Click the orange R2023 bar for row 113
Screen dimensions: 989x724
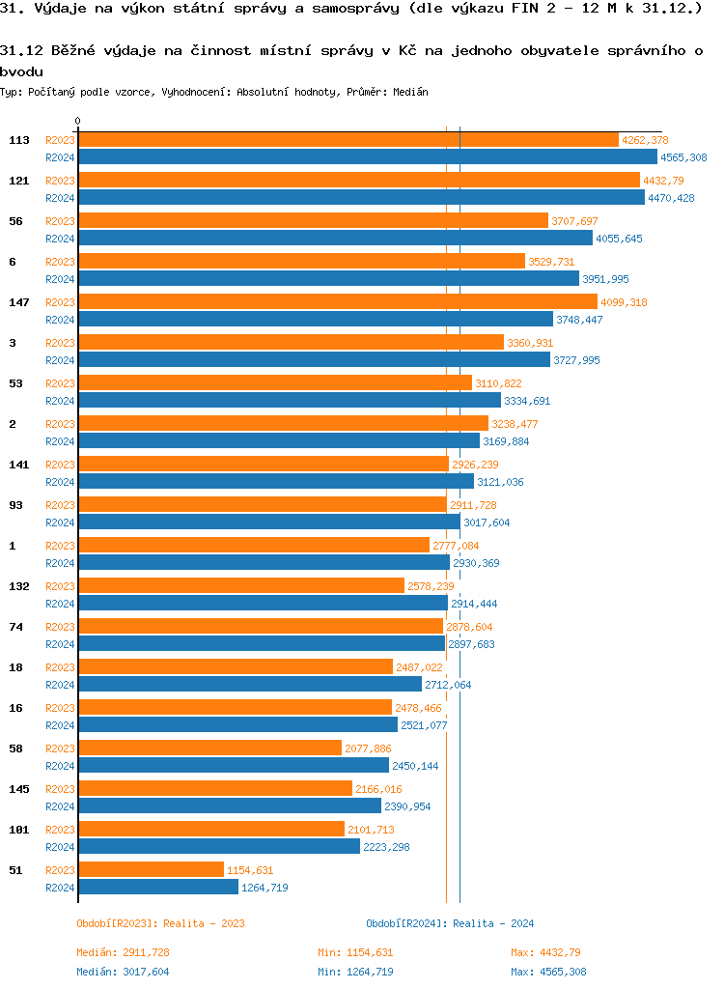[x=348, y=140]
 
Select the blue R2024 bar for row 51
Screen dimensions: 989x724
[x=157, y=887]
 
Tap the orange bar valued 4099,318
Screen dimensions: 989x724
[x=337, y=302]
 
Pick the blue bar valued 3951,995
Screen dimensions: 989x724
[x=328, y=279]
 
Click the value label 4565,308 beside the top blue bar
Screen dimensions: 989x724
[x=683, y=157]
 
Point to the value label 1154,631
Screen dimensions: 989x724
[x=250, y=870]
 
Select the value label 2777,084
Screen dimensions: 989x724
[x=456, y=546]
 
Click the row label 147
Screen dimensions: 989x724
[x=19, y=302]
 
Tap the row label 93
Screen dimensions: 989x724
[x=15, y=505]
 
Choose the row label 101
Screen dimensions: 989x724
[x=19, y=830]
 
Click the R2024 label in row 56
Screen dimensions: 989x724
[x=60, y=239]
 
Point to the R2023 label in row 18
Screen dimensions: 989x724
[x=60, y=667]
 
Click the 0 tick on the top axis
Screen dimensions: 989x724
[x=77, y=122]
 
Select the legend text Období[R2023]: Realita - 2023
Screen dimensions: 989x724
[x=160, y=923]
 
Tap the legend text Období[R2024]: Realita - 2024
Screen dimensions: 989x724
[x=450, y=923]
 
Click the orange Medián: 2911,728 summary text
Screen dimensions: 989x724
[x=123, y=952]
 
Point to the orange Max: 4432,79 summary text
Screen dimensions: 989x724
[x=545, y=952]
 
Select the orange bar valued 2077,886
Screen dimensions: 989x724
[x=209, y=749]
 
